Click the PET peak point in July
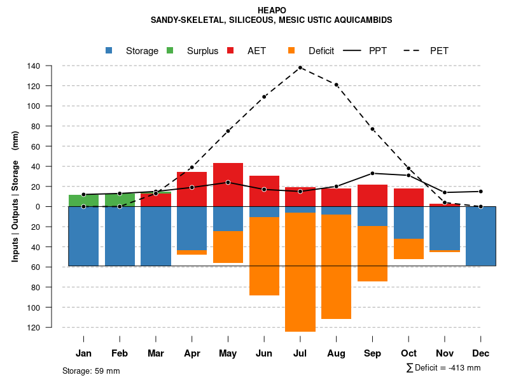coord(300,67)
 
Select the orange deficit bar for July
coord(300,272)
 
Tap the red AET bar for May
coord(228,185)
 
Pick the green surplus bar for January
coord(83,201)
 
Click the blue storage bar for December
coord(480,236)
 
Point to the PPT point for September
coord(372,173)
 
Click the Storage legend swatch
coord(109,50)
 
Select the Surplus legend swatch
coord(170,50)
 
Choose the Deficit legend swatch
coord(291,50)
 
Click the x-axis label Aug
coord(336,353)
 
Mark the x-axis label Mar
coord(156,353)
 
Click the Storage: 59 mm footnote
coord(91,371)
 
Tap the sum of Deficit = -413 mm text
coord(443,368)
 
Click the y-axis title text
coord(15,197)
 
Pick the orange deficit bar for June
coord(264,256)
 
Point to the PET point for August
coord(336,85)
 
